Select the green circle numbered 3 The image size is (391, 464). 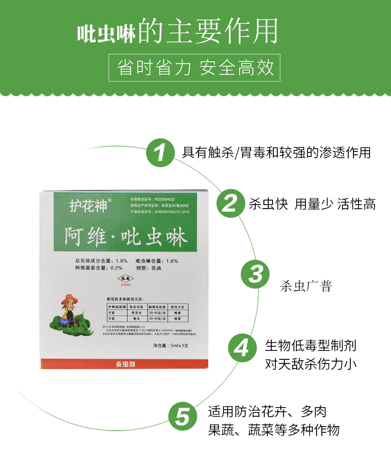(255, 274)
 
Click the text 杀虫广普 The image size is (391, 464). (305, 286)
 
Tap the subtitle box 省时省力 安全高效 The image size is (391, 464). (194, 68)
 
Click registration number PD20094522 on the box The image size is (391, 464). (165, 198)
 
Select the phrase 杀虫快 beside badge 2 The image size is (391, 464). (268, 204)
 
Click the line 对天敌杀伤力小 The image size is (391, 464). (311, 364)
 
